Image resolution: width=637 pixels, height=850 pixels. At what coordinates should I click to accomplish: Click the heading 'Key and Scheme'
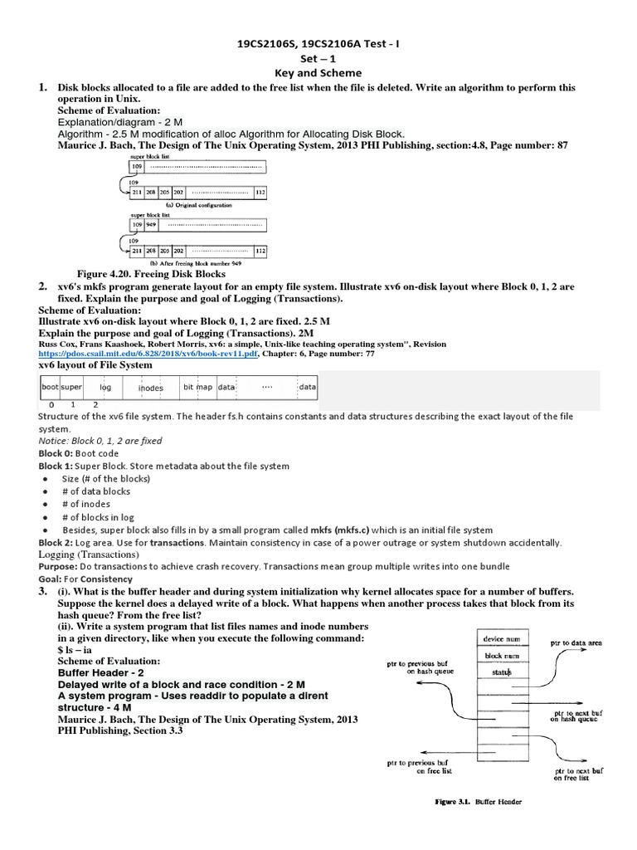pos(318,72)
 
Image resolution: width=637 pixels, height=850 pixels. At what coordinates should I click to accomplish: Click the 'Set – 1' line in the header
pos(318,58)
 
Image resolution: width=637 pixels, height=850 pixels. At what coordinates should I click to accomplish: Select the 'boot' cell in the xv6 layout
pos(50,387)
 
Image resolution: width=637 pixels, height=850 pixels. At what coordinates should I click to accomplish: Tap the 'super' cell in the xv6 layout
pos(71,387)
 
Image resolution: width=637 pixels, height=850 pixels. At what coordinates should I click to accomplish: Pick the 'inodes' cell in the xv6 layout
pos(150,388)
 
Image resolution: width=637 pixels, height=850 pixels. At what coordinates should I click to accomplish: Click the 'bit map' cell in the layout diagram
pos(198,387)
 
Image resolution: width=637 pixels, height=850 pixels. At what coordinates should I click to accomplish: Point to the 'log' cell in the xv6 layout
pos(105,387)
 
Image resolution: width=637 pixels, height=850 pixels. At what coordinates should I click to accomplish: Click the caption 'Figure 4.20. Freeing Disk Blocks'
pos(151,273)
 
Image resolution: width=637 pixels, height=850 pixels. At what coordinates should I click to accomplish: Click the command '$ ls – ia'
pos(79,650)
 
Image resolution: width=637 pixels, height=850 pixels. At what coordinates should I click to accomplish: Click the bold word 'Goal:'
pos(53,579)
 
